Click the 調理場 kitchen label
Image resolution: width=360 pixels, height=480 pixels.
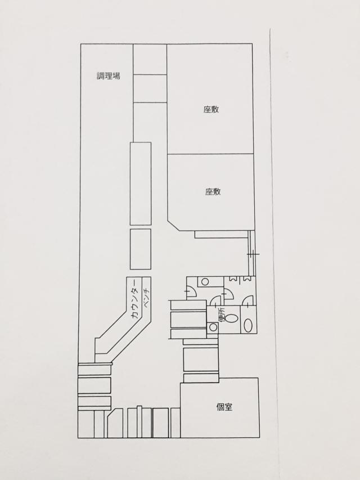[x=109, y=76]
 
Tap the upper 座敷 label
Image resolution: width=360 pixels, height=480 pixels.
[x=211, y=109]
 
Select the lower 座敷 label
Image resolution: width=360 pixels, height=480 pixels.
[x=213, y=192]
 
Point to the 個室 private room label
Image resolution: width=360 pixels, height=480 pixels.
[x=224, y=407]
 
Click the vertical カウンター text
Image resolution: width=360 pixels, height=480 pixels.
[x=136, y=301]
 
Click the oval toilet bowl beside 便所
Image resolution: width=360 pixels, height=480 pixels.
[x=232, y=318]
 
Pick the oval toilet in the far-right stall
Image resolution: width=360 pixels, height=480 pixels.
[x=248, y=325]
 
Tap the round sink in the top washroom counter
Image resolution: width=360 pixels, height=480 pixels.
[x=205, y=281]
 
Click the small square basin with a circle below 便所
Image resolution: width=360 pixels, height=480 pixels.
[x=213, y=328]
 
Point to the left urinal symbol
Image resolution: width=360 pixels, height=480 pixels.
[x=233, y=279]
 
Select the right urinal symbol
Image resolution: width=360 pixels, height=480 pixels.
[x=246, y=279]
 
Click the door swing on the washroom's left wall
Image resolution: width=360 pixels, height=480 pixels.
[x=192, y=291]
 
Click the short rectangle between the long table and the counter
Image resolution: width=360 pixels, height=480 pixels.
[x=141, y=249]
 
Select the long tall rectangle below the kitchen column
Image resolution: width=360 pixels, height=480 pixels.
[x=141, y=183]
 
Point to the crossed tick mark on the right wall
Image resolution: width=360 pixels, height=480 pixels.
[x=254, y=254]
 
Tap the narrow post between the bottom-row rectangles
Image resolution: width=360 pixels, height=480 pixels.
[x=139, y=422]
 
